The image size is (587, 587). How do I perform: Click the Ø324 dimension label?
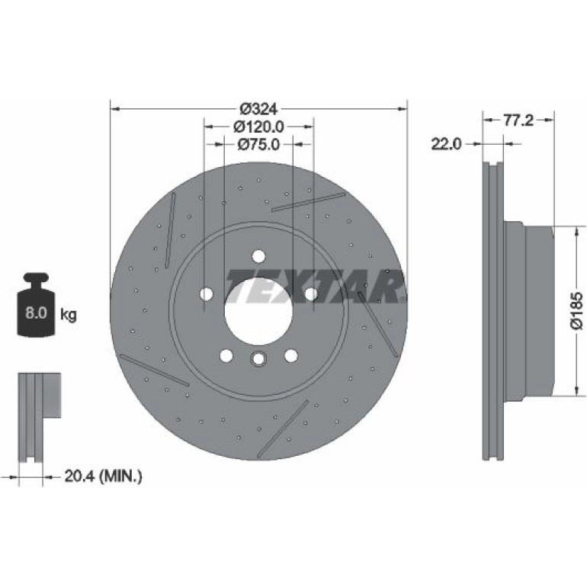coord(259,109)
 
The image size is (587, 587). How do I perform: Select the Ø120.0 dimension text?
coord(259,127)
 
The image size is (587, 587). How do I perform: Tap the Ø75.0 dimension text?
coord(259,144)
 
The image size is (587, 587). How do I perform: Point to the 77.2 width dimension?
coord(518,120)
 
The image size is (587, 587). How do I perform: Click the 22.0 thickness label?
coord(447,144)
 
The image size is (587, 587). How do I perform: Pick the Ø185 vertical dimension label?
coord(577,310)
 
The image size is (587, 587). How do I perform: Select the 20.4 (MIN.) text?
coord(104,476)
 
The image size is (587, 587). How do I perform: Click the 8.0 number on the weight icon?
coord(36,313)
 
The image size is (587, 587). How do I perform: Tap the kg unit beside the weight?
coord(69,314)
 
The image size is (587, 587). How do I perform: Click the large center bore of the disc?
coord(258,312)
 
